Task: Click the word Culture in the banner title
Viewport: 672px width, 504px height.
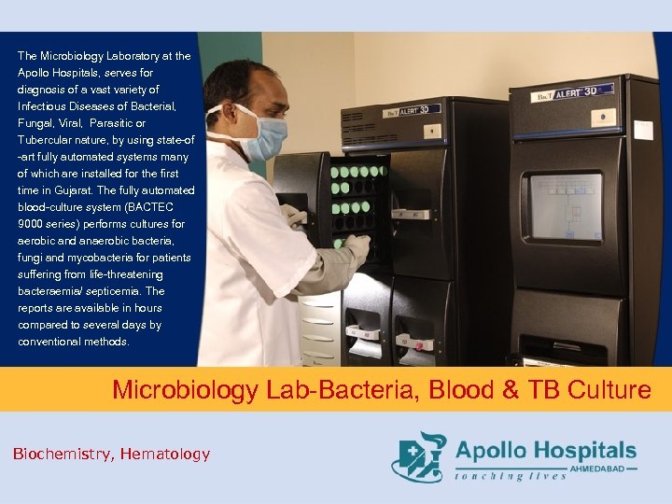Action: click(x=615, y=389)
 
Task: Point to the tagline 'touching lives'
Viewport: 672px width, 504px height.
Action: click(x=511, y=477)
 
